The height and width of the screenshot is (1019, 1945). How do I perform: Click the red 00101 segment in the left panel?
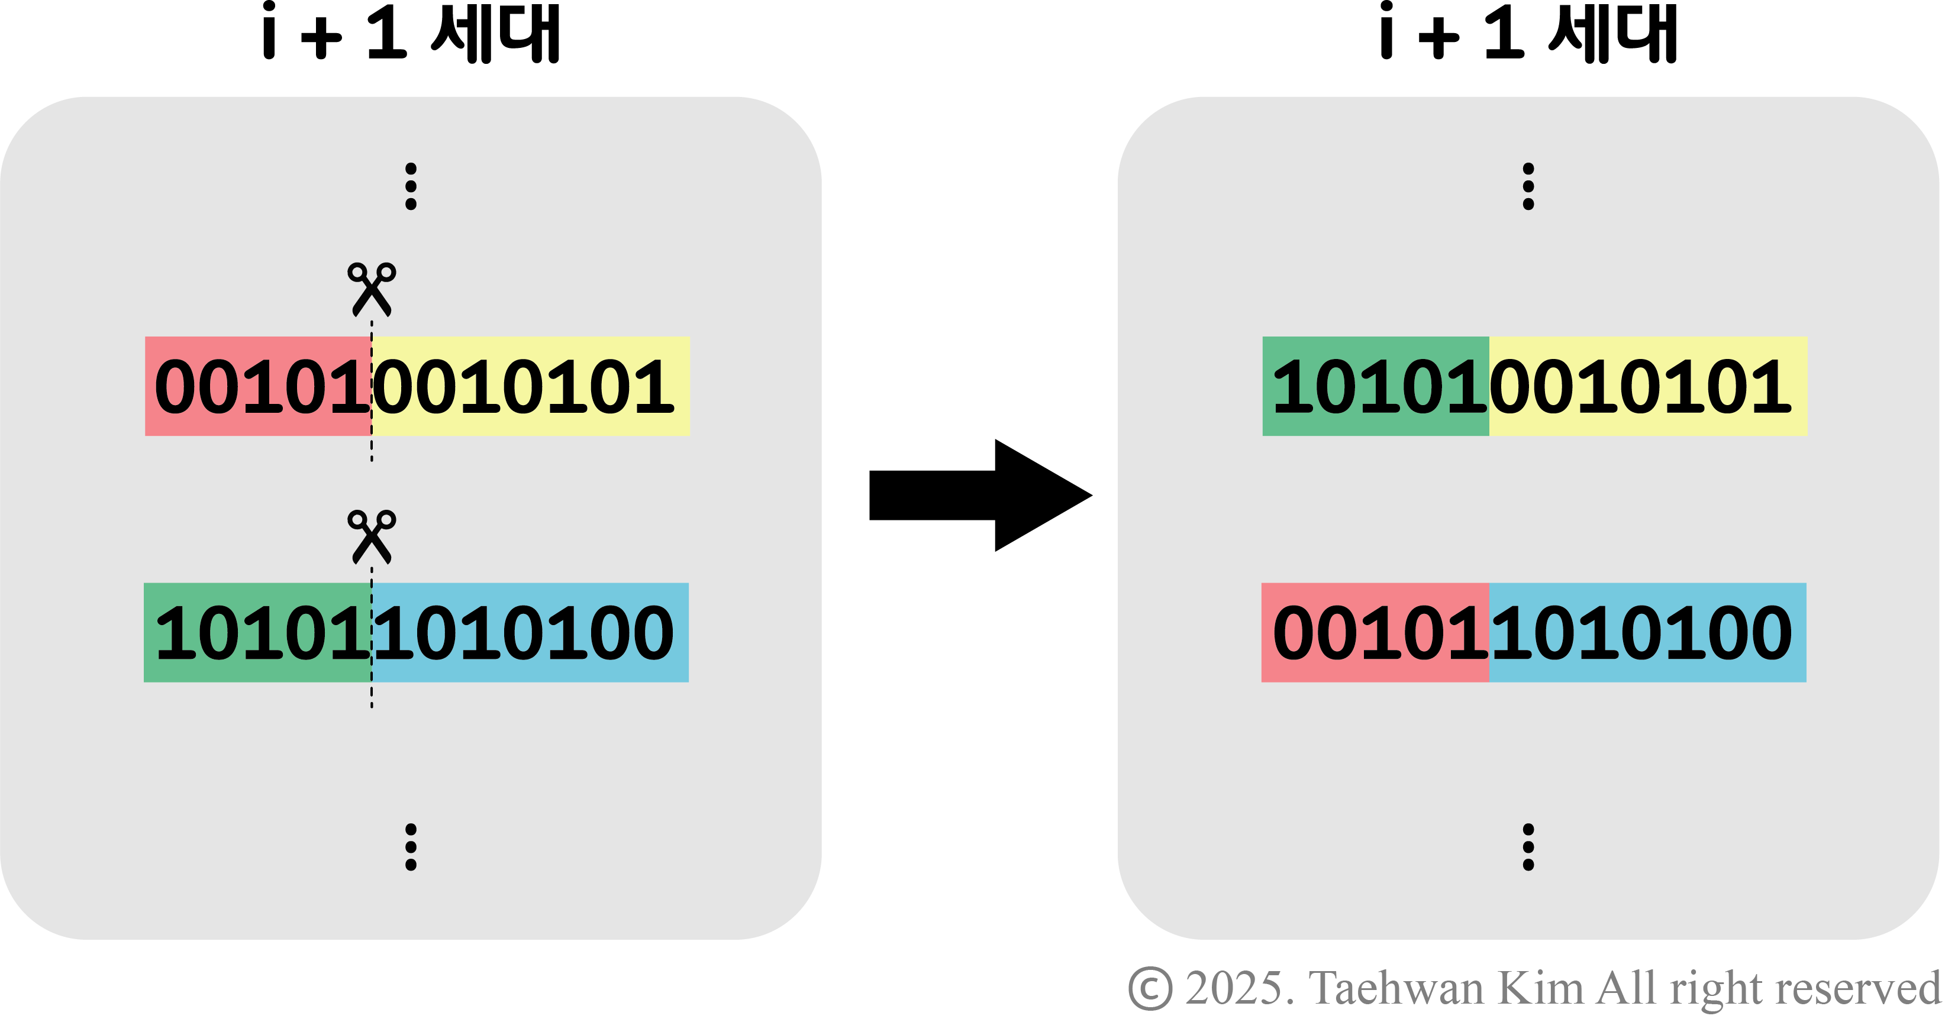(257, 386)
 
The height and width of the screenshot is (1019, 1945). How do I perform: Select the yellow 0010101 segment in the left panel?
(531, 386)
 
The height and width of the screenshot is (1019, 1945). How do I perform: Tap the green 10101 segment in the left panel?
(257, 633)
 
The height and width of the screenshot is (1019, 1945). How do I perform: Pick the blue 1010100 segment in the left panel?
(530, 633)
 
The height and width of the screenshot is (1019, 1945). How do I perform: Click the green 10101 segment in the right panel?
(1375, 386)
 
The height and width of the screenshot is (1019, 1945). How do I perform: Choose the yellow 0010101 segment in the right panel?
(1649, 386)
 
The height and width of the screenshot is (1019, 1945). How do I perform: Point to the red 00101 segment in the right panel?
(1375, 633)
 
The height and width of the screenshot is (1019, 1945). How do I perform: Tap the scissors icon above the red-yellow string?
(371, 289)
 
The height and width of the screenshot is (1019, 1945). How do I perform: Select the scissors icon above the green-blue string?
(371, 536)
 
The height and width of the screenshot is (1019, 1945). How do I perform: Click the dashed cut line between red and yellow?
(372, 386)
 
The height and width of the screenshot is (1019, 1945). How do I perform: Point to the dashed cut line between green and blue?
(372, 633)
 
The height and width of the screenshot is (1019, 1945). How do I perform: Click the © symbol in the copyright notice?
(1150, 988)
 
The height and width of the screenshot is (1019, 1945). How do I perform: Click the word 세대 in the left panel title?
(495, 33)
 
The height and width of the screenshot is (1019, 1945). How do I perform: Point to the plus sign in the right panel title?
(1438, 38)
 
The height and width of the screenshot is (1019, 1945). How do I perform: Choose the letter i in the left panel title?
(269, 32)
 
